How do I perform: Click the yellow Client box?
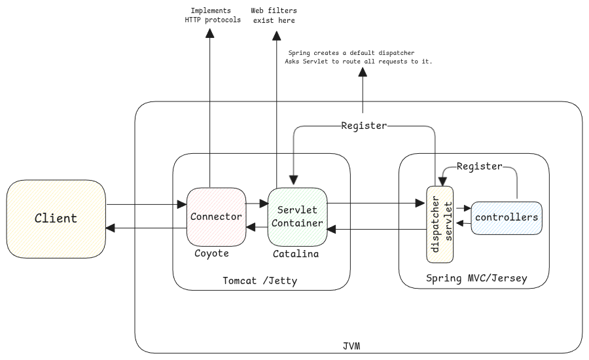[56, 219]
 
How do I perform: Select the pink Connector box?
[216, 217]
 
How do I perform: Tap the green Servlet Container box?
[297, 217]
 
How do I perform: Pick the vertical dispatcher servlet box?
[440, 225]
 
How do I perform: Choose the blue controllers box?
[507, 217]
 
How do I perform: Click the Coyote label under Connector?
[211, 253]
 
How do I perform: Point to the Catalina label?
[296, 253]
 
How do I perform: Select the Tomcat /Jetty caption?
[260, 281]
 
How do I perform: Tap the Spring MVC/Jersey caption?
[476, 278]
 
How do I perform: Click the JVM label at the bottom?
[351, 345]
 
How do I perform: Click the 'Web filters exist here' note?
[274, 16]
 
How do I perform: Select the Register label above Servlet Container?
[364, 126]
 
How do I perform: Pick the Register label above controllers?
[479, 166]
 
